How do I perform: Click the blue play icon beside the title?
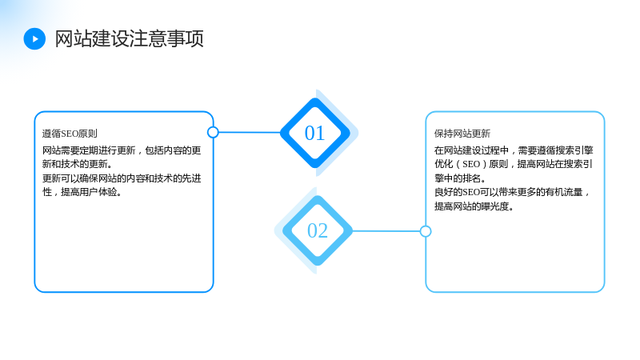(x=34, y=38)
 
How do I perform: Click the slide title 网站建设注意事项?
(x=129, y=38)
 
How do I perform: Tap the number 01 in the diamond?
(x=314, y=133)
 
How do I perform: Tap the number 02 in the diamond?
(x=318, y=230)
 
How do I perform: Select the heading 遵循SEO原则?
(x=70, y=134)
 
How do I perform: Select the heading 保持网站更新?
(x=462, y=134)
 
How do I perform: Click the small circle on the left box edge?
(x=213, y=132)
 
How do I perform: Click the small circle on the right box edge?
(x=426, y=231)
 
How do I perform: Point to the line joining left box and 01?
(x=250, y=132)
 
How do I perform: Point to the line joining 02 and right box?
(x=386, y=231)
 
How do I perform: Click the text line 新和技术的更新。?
(x=77, y=164)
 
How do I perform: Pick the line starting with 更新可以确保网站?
(x=122, y=178)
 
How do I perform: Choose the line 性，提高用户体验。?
(x=82, y=192)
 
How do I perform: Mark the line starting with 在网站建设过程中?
(x=514, y=150)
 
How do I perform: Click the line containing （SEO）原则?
(x=514, y=164)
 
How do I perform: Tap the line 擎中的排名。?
(x=460, y=178)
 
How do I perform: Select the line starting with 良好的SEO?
(x=512, y=192)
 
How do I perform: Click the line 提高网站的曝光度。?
(x=474, y=206)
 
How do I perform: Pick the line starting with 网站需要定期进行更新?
(x=122, y=150)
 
